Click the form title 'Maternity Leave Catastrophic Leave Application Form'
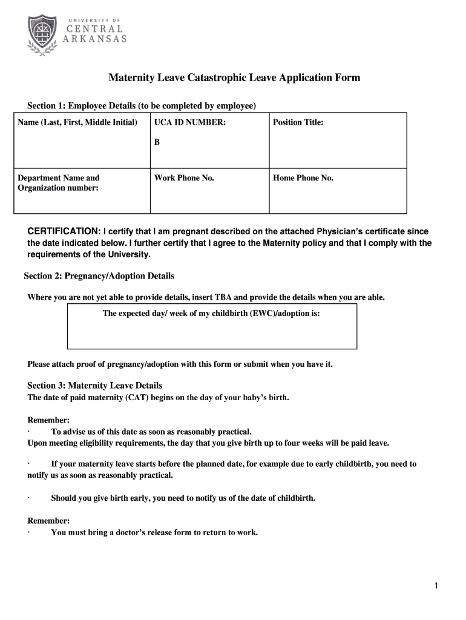pyautogui.click(x=234, y=78)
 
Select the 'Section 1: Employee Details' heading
pyautogui.click(x=142, y=106)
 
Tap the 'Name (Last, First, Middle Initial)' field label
pyautogui.click(x=77, y=123)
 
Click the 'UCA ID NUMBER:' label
pyautogui.click(x=190, y=123)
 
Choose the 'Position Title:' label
pyautogui.click(x=298, y=123)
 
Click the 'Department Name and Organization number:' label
pyautogui.click(x=58, y=183)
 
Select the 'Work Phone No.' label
pyautogui.click(x=184, y=178)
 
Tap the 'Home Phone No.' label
pyautogui.click(x=303, y=178)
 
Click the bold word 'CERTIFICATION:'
pyautogui.click(x=65, y=232)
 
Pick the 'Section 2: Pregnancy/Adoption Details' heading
pyautogui.click(x=99, y=276)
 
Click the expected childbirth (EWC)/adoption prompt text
pyautogui.click(x=211, y=314)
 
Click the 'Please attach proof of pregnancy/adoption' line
pyautogui.click(x=180, y=364)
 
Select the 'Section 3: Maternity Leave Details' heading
pyautogui.click(x=94, y=386)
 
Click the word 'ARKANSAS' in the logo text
pyautogui.click(x=96, y=39)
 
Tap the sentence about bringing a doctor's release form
pyautogui.click(x=154, y=533)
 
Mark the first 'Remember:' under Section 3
pyautogui.click(x=48, y=420)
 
